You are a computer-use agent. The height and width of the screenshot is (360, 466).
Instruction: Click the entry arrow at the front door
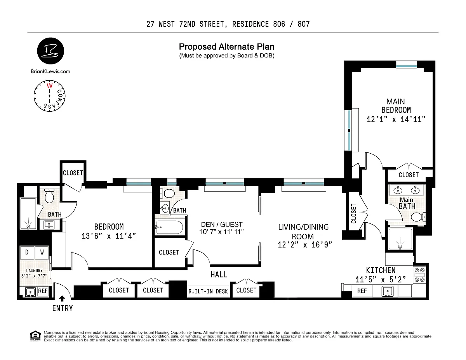[x=62, y=299]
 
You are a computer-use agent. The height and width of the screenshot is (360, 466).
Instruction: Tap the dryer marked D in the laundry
[x=27, y=253]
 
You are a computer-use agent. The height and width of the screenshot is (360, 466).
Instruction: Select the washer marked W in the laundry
[x=42, y=253]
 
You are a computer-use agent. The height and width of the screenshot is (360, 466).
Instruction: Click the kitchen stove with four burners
[x=420, y=275]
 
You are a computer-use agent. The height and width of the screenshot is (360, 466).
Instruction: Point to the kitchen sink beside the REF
[x=388, y=291]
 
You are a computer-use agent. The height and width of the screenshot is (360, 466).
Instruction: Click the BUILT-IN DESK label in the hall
[x=208, y=291]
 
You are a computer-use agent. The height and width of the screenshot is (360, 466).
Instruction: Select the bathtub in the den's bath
[x=169, y=227]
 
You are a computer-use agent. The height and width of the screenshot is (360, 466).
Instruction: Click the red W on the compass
[x=50, y=86]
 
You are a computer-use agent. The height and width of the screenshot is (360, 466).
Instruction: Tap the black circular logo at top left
[x=50, y=51]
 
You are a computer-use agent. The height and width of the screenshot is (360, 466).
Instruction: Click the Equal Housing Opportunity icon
[x=35, y=336]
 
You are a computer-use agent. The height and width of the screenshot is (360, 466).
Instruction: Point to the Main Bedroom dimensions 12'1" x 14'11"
[x=396, y=119]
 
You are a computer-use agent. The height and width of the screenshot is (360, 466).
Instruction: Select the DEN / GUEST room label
[x=222, y=224]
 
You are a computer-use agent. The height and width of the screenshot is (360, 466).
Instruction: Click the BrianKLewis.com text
[x=50, y=71]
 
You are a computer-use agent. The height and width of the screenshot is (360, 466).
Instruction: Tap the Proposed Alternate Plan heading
[x=227, y=47]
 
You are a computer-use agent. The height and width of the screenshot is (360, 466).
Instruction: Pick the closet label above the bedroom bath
[x=73, y=173]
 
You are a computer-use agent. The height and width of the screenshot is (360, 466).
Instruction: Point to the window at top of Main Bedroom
[x=406, y=64]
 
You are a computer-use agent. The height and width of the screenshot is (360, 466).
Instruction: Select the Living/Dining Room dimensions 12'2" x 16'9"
[x=305, y=244]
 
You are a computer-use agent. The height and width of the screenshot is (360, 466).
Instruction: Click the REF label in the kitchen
[x=362, y=291]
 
